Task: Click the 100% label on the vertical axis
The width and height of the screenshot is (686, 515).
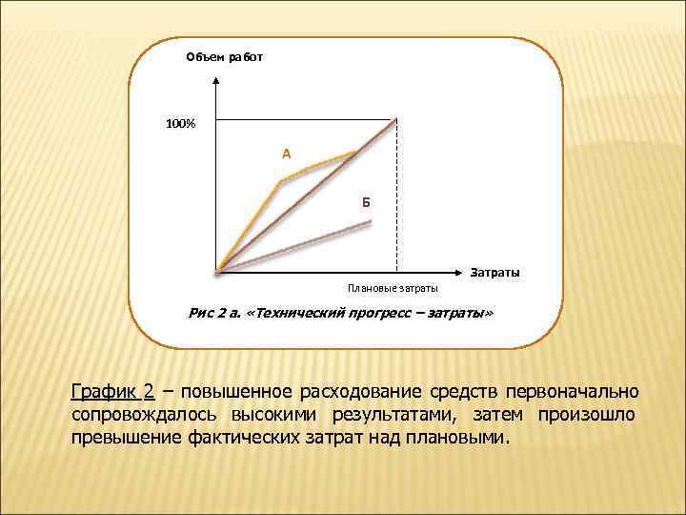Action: tap(180, 124)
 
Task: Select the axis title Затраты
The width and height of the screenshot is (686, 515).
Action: tap(495, 274)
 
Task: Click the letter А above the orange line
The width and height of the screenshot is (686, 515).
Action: tap(286, 154)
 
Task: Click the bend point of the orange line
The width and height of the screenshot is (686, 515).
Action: tap(280, 181)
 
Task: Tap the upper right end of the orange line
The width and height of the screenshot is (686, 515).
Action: tap(355, 152)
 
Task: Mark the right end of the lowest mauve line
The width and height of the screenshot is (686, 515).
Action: tap(370, 222)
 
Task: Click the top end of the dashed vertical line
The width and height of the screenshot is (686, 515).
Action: tap(396, 120)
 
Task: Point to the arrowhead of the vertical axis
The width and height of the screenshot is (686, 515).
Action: tap(218, 77)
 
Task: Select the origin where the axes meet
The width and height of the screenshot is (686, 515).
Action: tap(218, 273)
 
